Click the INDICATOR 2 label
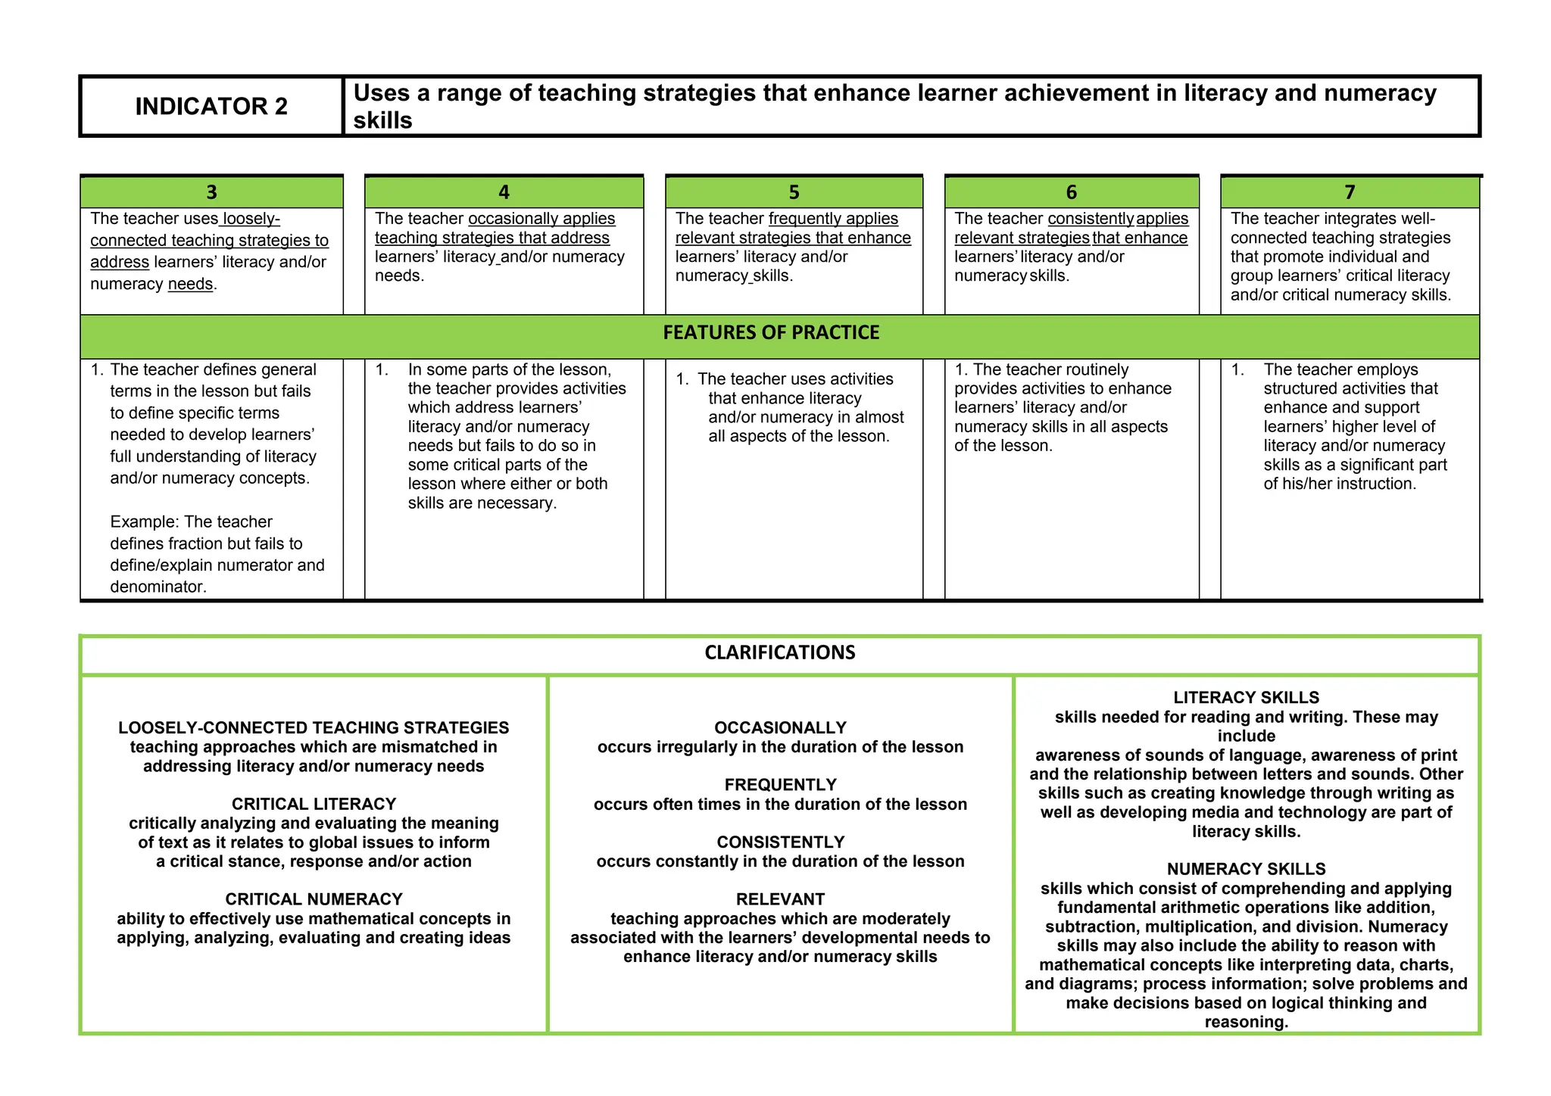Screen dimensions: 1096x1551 tap(211, 107)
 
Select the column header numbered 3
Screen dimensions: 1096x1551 tap(211, 192)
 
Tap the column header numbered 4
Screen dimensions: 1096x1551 tap(504, 192)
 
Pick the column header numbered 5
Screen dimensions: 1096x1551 tap(794, 192)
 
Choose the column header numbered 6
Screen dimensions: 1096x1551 tap(1071, 192)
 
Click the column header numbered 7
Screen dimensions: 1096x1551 tap(1350, 192)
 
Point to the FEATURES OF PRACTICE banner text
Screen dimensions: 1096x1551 tap(771, 333)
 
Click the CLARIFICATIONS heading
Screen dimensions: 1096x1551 tap(779, 652)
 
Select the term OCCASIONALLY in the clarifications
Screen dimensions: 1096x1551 tap(780, 728)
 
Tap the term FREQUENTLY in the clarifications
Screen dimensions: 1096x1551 tap(780, 785)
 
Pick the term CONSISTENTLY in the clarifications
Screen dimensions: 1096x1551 tap(780, 842)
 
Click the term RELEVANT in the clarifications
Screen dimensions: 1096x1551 tap(780, 899)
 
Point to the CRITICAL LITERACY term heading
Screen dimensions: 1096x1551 tap(314, 804)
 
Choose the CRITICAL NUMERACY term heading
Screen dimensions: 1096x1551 tap(314, 899)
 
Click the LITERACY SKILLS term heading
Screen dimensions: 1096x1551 tap(1246, 698)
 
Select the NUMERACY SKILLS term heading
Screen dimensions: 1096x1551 tap(1246, 869)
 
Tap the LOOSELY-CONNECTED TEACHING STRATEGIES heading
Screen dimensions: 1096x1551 tap(314, 728)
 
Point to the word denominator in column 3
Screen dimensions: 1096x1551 tap(156, 587)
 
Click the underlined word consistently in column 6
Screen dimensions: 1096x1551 tap(1091, 219)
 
